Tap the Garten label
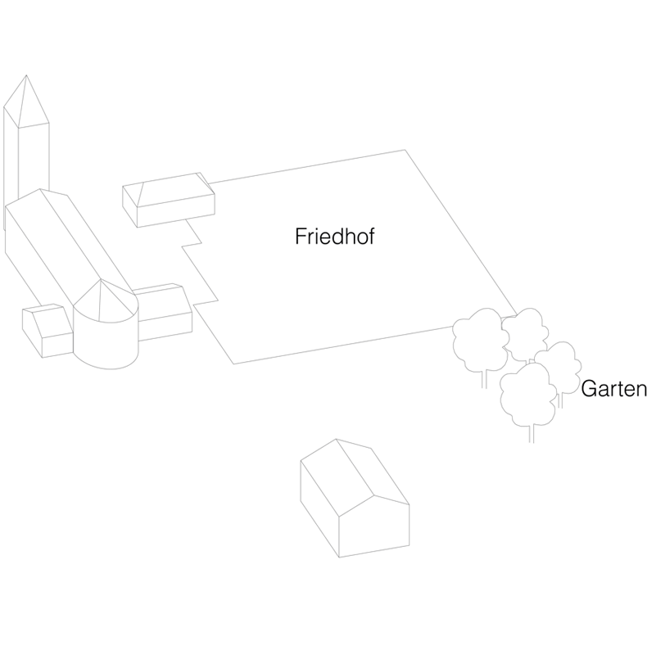click(613, 390)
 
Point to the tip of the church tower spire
click(27, 76)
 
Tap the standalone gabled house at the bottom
click(352, 499)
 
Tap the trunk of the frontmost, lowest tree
click(532, 432)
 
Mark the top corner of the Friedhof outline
click(405, 151)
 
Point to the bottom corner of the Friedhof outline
click(234, 363)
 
